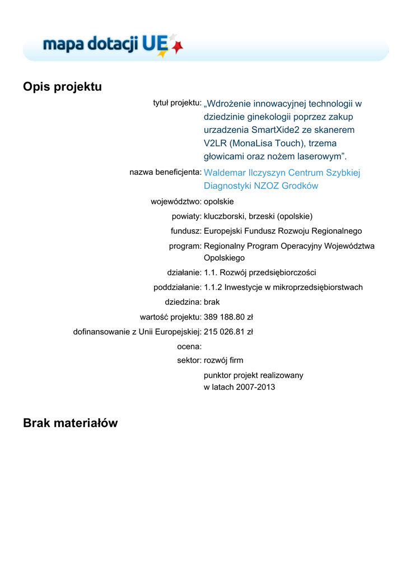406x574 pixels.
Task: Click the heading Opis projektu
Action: (x=62, y=87)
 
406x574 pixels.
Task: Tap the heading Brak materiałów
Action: (x=70, y=423)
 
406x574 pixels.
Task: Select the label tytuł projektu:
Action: (x=177, y=103)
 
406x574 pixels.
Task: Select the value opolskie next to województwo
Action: (x=219, y=201)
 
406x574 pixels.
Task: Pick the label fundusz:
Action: (x=186, y=230)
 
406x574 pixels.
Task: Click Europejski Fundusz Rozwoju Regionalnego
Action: (x=283, y=230)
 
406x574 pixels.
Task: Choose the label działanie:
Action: (x=184, y=272)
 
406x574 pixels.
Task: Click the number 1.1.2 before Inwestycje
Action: (x=213, y=287)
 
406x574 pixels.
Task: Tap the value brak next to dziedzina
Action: (x=212, y=302)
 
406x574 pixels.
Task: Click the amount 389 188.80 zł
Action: (x=228, y=317)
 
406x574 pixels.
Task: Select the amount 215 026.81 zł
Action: (x=228, y=331)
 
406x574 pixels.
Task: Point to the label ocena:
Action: (x=189, y=346)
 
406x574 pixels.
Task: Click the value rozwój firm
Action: (x=223, y=360)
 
